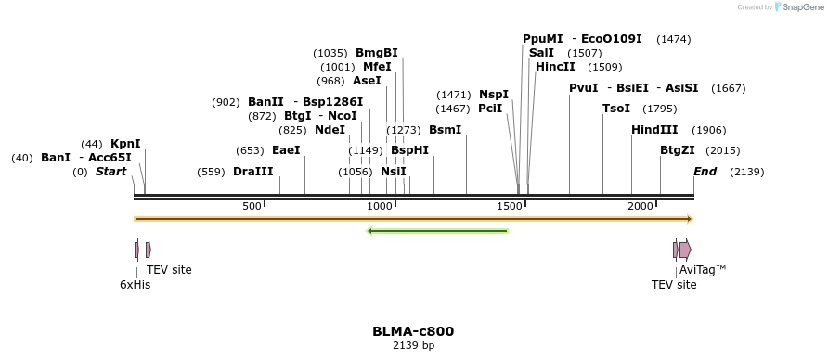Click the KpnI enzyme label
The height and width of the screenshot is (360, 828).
[125, 144]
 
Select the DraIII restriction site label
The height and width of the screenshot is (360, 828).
[253, 172]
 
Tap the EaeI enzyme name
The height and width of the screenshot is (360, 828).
[286, 150]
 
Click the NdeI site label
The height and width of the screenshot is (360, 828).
[330, 130]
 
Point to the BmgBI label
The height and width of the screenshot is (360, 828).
[377, 53]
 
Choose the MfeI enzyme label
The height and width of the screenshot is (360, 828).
[377, 67]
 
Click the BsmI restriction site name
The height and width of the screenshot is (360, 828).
[445, 130]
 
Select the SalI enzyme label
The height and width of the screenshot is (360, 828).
[541, 53]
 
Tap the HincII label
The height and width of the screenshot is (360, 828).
[555, 67]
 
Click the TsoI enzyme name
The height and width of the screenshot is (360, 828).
[616, 109]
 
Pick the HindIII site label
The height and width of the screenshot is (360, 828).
[654, 130]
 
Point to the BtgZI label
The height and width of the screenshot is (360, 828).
[678, 150]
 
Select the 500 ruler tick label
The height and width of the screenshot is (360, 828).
[252, 206]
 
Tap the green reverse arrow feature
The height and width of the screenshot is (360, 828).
[438, 230]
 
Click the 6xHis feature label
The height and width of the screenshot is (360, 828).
[135, 285]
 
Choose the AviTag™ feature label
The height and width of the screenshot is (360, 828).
[703, 270]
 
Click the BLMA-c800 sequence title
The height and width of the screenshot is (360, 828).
[413, 331]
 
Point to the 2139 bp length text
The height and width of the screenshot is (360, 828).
[413, 346]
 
